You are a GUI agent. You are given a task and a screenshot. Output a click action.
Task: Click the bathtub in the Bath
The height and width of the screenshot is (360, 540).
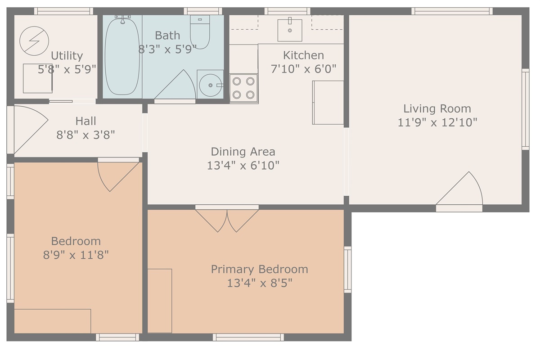[x=122, y=56]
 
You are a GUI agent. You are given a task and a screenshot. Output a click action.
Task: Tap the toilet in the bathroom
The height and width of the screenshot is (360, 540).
[x=200, y=32]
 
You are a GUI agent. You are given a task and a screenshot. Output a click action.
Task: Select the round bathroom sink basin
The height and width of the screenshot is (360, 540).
[x=210, y=85]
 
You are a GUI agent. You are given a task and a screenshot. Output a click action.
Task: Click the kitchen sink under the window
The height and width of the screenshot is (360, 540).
[x=290, y=30]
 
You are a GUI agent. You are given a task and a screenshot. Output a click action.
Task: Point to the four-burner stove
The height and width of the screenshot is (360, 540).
[x=243, y=88]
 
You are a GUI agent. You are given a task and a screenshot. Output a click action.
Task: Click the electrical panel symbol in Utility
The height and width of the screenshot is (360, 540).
[x=34, y=41]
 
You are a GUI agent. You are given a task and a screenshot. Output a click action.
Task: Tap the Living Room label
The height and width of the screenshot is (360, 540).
[x=437, y=108]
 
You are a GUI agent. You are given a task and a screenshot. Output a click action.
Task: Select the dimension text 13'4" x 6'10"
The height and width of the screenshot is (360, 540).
[x=243, y=166]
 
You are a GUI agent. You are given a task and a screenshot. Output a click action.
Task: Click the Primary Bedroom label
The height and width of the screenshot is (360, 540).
[x=260, y=270]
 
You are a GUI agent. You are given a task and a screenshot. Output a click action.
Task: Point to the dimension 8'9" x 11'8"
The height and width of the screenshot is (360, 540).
[x=76, y=255]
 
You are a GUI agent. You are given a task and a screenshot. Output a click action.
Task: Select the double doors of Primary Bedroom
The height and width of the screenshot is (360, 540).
[x=227, y=220]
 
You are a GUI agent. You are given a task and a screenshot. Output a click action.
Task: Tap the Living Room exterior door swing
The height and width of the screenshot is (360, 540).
[x=459, y=188]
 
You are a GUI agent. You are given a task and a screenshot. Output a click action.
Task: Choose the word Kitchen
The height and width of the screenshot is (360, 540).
[x=303, y=55]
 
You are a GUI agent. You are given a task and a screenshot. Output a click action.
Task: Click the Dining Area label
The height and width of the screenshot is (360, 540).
[x=243, y=152]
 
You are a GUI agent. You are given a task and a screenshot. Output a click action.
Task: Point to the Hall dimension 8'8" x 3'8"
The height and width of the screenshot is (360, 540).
[x=85, y=135]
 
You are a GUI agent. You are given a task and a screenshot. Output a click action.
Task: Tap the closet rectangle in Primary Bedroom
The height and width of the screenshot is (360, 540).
[x=160, y=301]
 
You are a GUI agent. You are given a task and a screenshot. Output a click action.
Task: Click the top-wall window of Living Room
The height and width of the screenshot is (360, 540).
[x=452, y=11]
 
